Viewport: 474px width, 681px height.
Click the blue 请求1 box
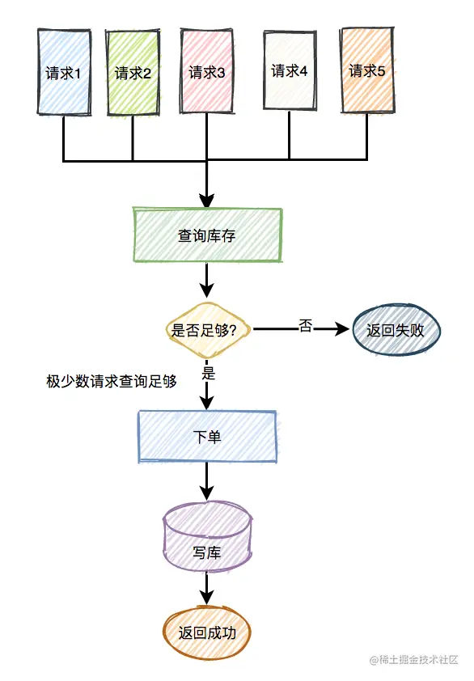click(x=64, y=73)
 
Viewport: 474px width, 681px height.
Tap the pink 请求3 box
click(x=207, y=72)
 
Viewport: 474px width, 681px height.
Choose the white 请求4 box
click(x=289, y=70)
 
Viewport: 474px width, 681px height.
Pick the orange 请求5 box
click(x=366, y=70)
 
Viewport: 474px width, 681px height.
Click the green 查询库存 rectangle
click(x=208, y=235)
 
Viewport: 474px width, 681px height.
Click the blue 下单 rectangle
click(x=208, y=437)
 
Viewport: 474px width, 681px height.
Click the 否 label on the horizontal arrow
click(x=305, y=325)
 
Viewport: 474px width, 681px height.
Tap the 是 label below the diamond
click(x=208, y=374)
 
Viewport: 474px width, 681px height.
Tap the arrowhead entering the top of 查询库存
click(x=208, y=201)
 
